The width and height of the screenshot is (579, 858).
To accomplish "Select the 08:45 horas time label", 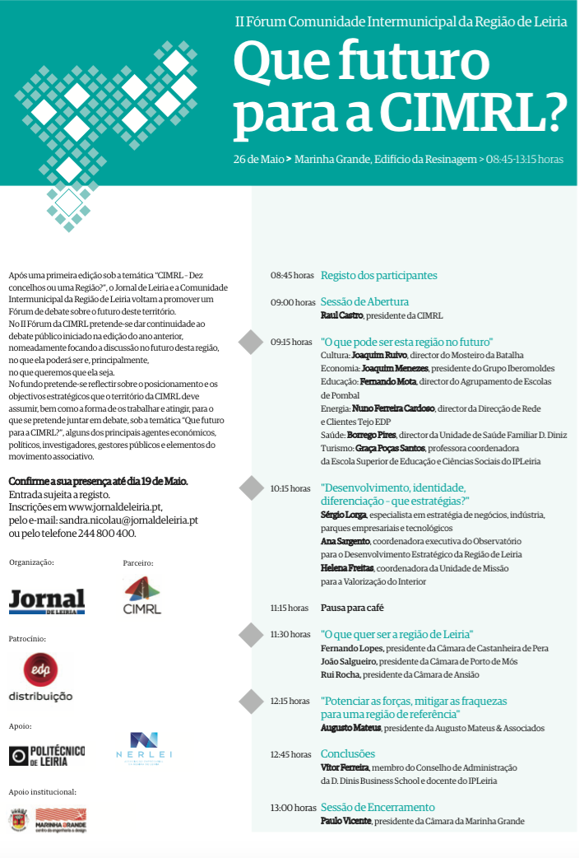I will [x=292, y=276].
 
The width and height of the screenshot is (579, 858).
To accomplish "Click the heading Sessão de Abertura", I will [x=364, y=302].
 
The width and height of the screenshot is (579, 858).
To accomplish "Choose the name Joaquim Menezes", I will [x=383, y=368].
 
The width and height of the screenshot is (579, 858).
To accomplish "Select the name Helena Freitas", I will [x=347, y=568].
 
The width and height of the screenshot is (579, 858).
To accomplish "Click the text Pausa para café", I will [x=352, y=608].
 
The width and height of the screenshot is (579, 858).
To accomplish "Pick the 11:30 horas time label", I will [x=290, y=635].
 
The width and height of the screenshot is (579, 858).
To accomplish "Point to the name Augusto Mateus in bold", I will [x=350, y=728].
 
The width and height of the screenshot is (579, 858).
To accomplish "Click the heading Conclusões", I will [x=347, y=754].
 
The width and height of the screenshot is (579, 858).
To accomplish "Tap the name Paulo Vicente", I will [x=345, y=821].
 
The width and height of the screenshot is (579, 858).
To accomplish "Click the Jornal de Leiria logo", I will [x=47, y=601].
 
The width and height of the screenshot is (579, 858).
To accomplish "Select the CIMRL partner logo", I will [x=142, y=595].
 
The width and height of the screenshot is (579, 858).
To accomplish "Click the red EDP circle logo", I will [x=40, y=669].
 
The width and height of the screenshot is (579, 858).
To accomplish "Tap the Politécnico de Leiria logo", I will [x=47, y=755].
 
